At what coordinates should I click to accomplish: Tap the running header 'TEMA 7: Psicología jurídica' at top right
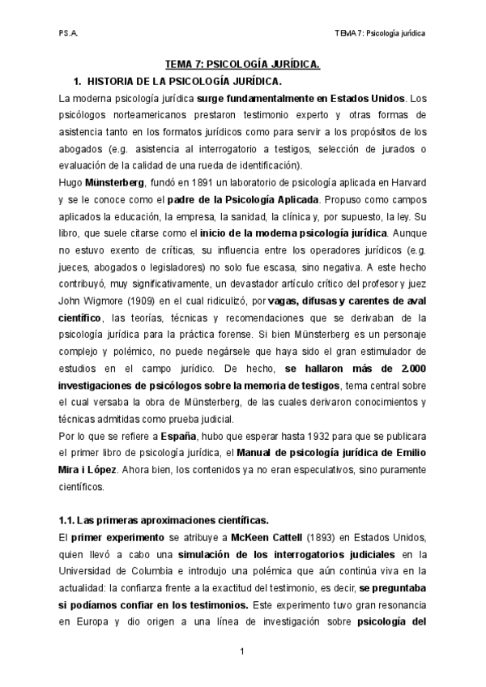point(381,34)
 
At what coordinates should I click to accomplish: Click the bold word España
point(181,436)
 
